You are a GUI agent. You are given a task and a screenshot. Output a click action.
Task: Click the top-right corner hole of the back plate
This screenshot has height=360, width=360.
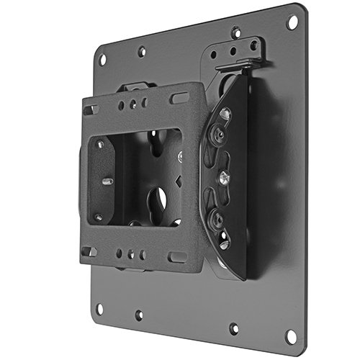[x=292, y=22]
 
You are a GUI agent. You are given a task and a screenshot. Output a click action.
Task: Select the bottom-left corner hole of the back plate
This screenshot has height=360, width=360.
[x=99, y=308]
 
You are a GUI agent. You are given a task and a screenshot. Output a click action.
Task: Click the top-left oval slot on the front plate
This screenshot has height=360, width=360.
[x=91, y=110]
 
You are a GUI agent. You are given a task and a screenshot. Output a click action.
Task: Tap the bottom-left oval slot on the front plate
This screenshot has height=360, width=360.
[x=89, y=251]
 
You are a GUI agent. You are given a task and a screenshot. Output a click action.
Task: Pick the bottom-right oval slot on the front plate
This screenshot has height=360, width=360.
[x=176, y=256]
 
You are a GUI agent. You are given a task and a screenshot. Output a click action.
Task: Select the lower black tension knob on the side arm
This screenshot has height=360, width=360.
[x=217, y=214]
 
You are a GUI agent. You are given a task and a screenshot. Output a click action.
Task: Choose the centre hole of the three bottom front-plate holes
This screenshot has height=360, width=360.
[x=131, y=254]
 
